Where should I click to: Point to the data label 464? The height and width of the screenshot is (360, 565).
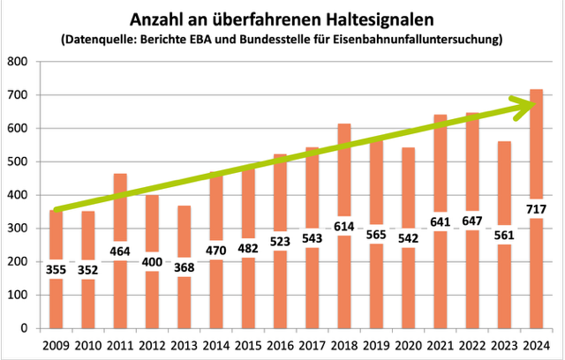coord(120,250)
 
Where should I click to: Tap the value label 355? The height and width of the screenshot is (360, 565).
coord(56,268)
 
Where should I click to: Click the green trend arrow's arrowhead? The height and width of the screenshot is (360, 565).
coord(531,105)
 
